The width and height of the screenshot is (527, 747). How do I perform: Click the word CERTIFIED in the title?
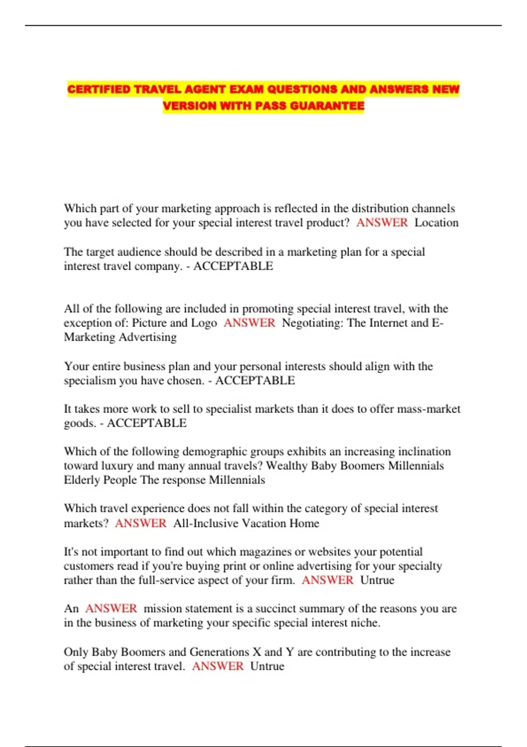pyautogui.click(x=99, y=90)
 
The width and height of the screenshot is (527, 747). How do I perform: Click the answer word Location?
pyautogui.click(x=436, y=223)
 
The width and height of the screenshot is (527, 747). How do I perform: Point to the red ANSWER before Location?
pyautogui.click(x=382, y=223)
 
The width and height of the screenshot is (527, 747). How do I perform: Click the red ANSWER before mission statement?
pyautogui.click(x=111, y=609)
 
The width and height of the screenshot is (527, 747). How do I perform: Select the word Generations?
pyautogui.click(x=219, y=652)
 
